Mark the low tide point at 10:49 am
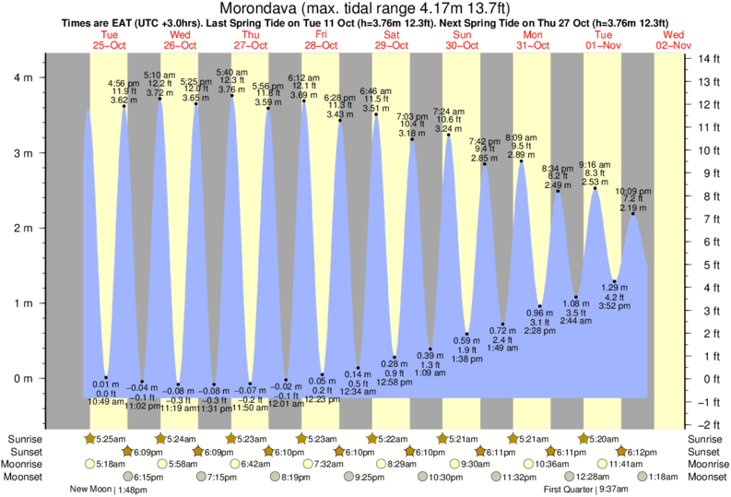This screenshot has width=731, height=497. pyautogui.click(x=106, y=377)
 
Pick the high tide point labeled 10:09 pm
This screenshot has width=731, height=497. pyautogui.click(x=631, y=214)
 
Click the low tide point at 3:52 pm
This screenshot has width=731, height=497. pyautogui.click(x=614, y=281)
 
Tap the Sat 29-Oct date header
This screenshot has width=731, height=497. pyautogui.click(x=392, y=41)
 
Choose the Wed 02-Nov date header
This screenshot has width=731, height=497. pyautogui.click(x=675, y=41)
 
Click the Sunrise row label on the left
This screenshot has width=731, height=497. pyautogui.click(x=24, y=439)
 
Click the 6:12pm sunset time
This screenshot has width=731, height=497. pyautogui.click(x=640, y=452)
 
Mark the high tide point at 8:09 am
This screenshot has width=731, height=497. pyautogui.click(x=521, y=161)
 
